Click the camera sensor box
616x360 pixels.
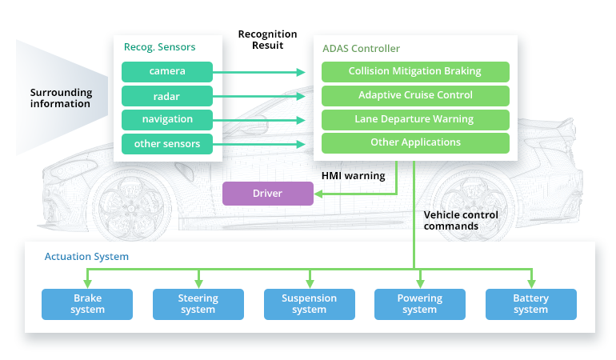click(167, 71)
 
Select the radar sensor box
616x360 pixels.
click(167, 95)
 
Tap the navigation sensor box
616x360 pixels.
click(167, 119)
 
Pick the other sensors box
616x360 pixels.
click(167, 143)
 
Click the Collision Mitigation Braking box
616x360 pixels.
click(415, 71)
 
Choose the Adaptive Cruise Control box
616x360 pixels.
click(415, 95)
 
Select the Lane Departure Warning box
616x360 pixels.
click(415, 119)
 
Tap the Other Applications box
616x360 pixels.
click(415, 143)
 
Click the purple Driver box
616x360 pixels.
click(268, 194)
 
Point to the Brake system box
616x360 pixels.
click(87, 304)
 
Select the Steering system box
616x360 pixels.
click(198, 304)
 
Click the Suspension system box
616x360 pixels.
click(309, 304)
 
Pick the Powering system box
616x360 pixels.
click(420, 304)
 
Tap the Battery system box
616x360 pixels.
click(531, 304)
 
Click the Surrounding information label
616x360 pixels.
click(61, 98)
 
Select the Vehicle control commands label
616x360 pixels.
click(461, 220)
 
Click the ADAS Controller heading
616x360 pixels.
click(361, 49)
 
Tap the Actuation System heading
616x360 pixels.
click(86, 257)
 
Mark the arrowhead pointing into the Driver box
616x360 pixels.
click(318, 194)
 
